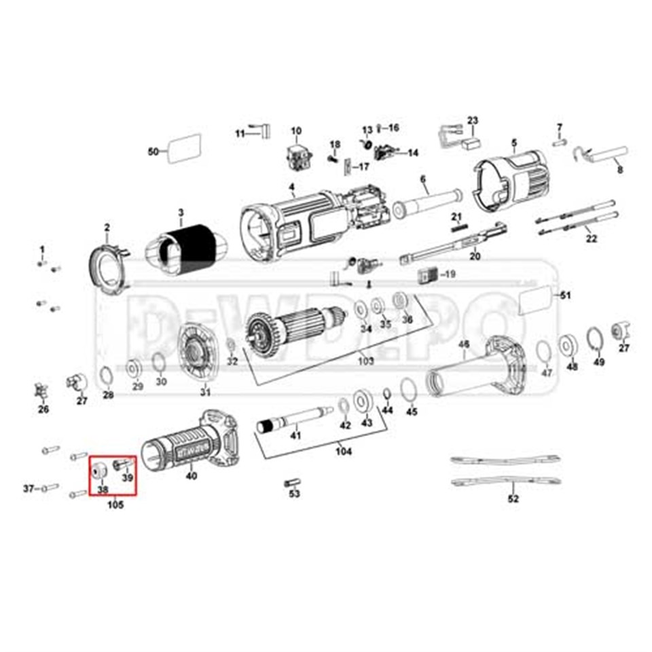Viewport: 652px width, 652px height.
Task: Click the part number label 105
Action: point(115,505)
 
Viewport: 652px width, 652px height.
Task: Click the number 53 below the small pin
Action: point(294,494)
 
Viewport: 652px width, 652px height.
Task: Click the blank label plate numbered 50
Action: point(185,149)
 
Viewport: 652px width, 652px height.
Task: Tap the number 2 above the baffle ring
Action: point(107,227)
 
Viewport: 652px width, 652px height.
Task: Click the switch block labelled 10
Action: point(297,157)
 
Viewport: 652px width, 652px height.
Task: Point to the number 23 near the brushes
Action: point(473,121)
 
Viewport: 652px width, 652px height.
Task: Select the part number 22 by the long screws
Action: point(592,238)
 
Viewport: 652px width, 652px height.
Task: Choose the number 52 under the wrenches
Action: point(513,499)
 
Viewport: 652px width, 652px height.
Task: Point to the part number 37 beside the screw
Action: point(29,488)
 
